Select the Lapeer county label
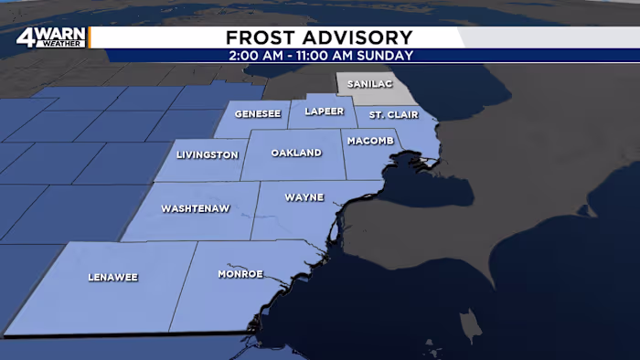click(x=324, y=111)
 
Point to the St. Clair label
click(x=389, y=115)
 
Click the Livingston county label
click(x=208, y=154)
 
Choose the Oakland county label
click(x=296, y=153)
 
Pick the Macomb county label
click(x=370, y=141)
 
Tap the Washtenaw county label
click(x=195, y=208)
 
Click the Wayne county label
click(x=304, y=196)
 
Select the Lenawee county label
click(x=112, y=276)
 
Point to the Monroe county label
click(x=240, y=273)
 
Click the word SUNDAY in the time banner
click(x=389, y=55)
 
